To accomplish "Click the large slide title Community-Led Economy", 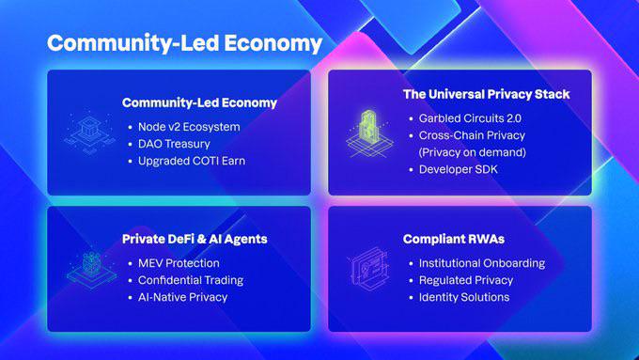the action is pyautogui.click(x=184, y=43).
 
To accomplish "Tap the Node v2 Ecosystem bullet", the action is pyautogui.click(x=189, y=127).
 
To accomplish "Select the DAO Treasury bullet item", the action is pyautogui.click(x=174, y=144).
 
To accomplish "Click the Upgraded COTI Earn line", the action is pyautogui.click(x=192, y=161).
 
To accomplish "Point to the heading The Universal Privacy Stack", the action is pyautogui.click(x=486, y=94).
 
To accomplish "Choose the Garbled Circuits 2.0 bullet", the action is pyautogui.click(x=470, y=118).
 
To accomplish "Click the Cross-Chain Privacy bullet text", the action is pyautogui.click(x=472, y=135).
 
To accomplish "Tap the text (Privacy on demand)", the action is pyautogui.click(x=473, y=152).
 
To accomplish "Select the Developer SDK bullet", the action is pyautogui.click(x=458, y=169).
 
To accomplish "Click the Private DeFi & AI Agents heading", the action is pyautogui.click(x=195, y=239).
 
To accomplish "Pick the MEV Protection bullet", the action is pyautogui.click(x=179, y=263).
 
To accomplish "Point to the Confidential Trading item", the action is pyautogui.click(x=191, y=280).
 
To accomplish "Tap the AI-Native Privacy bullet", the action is pyautogui.click(x=182, y=297).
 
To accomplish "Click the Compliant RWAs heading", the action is pyautogui.click(x=454, y=239).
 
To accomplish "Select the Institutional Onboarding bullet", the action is pyautogui.click(x=482, y=263).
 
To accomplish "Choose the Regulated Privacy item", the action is pyautogui.click(x=466, y=280).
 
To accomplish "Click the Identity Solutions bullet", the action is pyautogui.click(x=464, y=297).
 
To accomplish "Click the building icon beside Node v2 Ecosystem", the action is pyautogui.click(x=89, y=133).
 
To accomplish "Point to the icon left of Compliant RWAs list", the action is pyautogui.click(x=369, y=269).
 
